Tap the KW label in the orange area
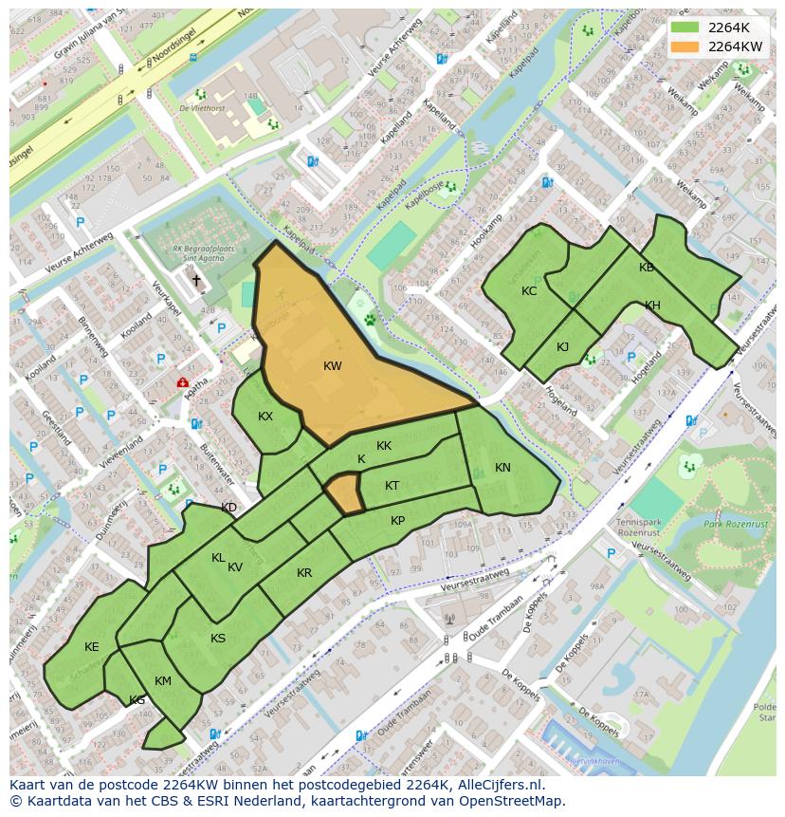coord(332,366)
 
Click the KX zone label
coord(265,417)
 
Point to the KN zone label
coord(502,468)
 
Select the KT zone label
coord(392,486)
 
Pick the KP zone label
coord(397,521)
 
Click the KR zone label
coord(304,573)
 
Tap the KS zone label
coord(218,639)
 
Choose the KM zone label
coord(163,681)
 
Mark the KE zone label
coord(91,647)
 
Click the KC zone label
coord(529,291)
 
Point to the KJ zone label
coord(562,347)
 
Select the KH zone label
coord(652,306)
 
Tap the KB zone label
coord(647,268)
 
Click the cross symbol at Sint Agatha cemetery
coord(197,280)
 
